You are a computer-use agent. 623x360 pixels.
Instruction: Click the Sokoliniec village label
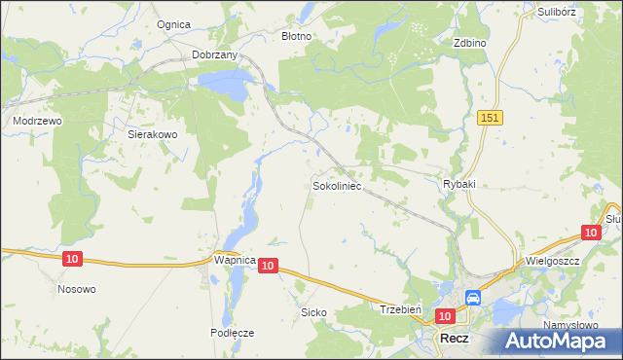pos(337,184)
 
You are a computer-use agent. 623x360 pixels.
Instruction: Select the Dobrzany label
pos(215,55)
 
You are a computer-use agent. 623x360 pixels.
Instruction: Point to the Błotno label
pos(296,36)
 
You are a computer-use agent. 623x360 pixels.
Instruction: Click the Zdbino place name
pos(469,44)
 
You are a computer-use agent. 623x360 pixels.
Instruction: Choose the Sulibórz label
pos(557,13)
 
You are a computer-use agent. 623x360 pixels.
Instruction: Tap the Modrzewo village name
pos(37,121)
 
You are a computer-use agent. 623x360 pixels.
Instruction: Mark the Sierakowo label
pos(152,136)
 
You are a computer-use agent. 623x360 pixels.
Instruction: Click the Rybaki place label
pos(458,184)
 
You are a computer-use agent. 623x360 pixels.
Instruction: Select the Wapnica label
pos(234,261)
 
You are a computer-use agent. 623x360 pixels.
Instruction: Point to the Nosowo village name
pos(76,289)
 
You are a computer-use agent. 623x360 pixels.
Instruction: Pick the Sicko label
pos(313,313)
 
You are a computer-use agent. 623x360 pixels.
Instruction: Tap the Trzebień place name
pos(399,308)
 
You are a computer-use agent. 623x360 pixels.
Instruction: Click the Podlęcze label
pos(232,332)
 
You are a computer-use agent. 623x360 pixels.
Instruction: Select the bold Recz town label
pos(455,338)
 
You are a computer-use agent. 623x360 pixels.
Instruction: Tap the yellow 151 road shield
pos(490,117)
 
